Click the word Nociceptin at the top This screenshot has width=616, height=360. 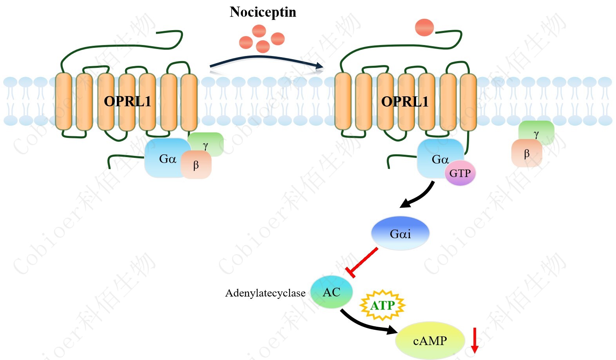click(263, 12)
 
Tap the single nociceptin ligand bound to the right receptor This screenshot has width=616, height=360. click(424, 27)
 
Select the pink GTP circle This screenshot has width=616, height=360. click(460, 173)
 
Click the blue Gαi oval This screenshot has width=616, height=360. click(400, 233)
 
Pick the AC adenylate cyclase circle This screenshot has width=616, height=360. click(332, 292)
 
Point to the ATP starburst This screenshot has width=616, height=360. click(382, 306)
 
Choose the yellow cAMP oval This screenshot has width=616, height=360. click(429, 341)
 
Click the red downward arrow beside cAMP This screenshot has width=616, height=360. click(475, 340)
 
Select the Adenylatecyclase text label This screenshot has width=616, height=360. click(265, 293)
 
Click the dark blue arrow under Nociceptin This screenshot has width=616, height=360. click(266, 60)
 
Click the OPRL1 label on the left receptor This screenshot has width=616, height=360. click(127, 101)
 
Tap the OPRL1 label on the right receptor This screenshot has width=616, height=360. click(405, 102)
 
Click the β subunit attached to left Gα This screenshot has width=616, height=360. click(196, 165)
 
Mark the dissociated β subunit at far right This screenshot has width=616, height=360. click(527, 154)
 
